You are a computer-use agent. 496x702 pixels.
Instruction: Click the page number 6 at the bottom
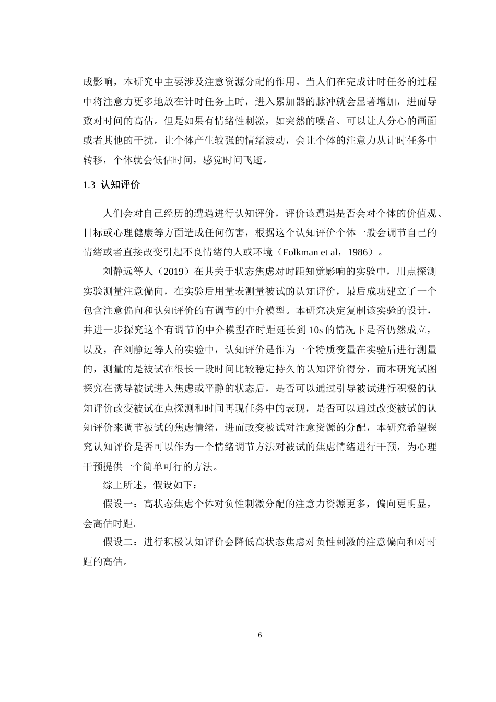click(x=259, y=635)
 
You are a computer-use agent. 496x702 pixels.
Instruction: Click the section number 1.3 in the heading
click(x=89, y=185)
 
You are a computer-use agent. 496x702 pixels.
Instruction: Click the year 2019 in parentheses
click(x=168, y=272)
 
